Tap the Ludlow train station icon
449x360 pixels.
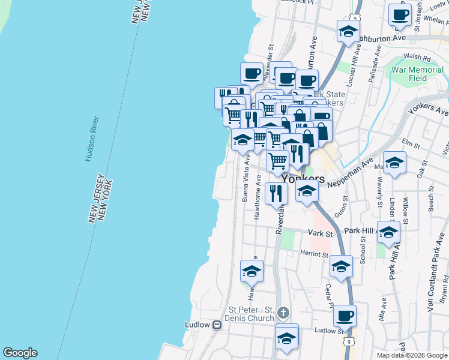(x=217, y=325)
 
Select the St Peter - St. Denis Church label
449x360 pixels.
(x=250, y=314)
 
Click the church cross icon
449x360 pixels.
(x=284, y=312)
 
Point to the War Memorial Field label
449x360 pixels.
(x=417, y=74)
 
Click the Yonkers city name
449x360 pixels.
(x=303, y=179)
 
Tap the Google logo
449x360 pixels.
(x=20, y=353)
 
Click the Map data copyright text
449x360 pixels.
(x=411, y=355)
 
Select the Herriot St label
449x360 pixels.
(x=313, y=254)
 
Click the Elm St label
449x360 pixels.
(x=411, y=143)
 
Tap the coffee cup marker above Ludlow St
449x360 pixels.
(x=345, y=315)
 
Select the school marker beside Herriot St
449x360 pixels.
(x=342, y=267)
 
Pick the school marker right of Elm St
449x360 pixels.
(x=395, y=162)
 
